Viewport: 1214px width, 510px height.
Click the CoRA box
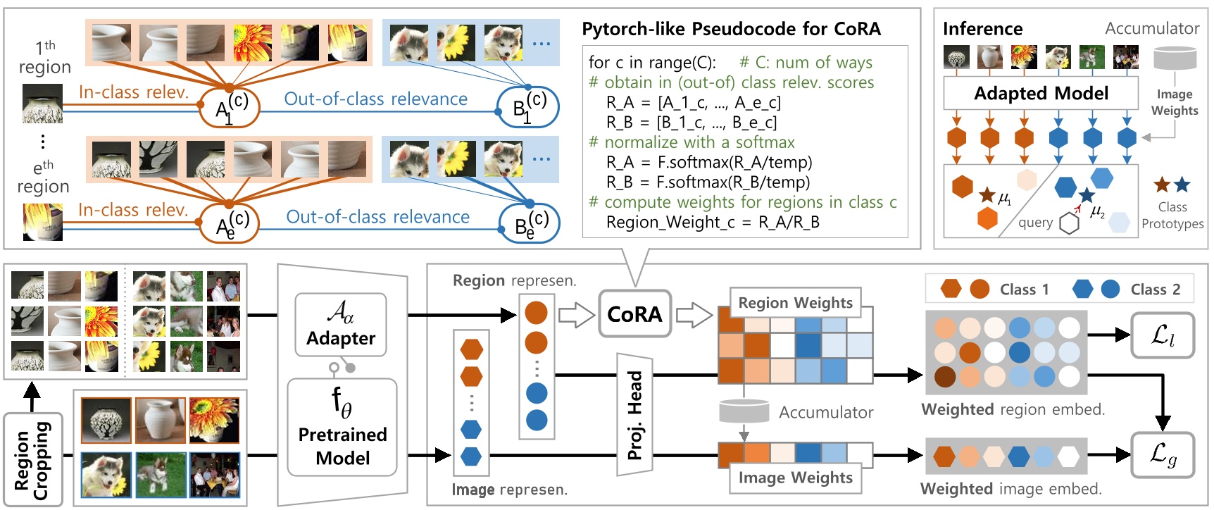coord(634,314)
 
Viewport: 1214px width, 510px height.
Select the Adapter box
coord(341,325)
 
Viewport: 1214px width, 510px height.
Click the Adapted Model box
coord(1040,93)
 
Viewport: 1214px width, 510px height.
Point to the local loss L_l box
coord(1162,335)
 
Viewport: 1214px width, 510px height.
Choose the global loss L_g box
coord(1162,454)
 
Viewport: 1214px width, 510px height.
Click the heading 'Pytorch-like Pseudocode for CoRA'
coord(731,29)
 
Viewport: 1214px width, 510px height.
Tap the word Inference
coord(982,29)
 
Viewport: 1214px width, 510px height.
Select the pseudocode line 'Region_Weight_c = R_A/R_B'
coord(713,223)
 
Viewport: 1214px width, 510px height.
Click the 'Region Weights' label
coord(795,303)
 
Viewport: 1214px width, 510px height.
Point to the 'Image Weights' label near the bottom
coord(795,478)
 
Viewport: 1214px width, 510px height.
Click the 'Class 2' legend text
coord(1155,290)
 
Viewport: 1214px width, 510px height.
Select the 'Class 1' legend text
coord(1024,290)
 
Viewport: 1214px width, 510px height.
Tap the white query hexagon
coord(1069,223)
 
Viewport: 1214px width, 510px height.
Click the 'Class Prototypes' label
coord(1172,216)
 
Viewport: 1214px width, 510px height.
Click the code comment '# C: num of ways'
coord(806,63)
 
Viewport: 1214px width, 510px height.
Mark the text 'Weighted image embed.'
coord(1010,489)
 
